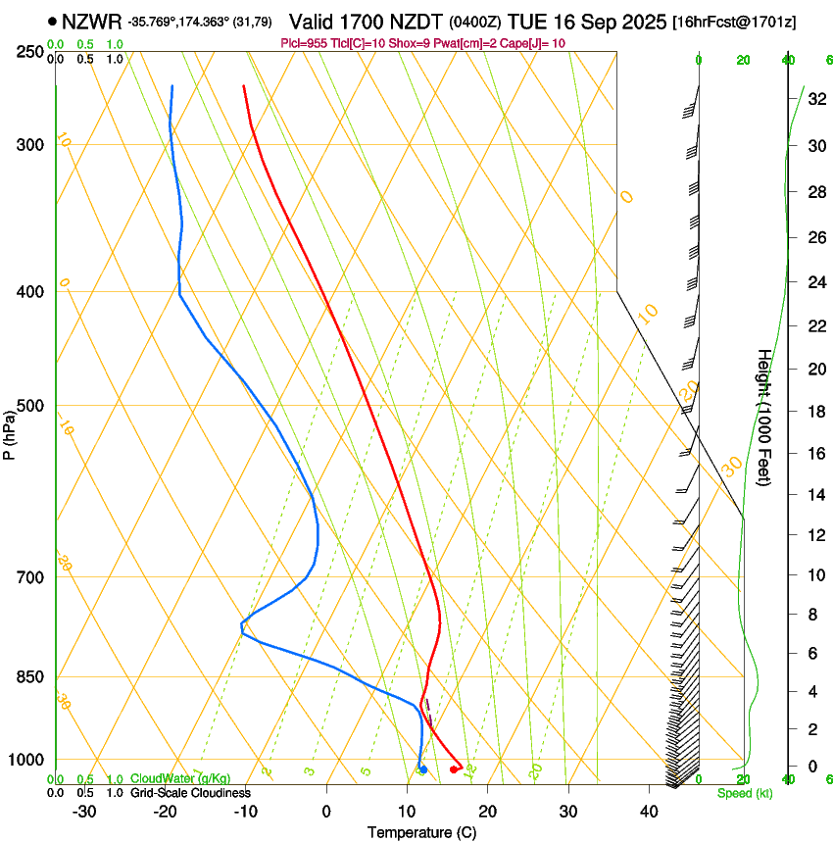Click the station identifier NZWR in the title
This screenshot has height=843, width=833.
click(x=91, y=22)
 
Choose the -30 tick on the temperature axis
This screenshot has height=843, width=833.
click(x=84, y=811)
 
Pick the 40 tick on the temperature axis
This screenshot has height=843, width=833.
click(x=649, y=811)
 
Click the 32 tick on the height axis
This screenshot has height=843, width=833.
click(x=814, y=98)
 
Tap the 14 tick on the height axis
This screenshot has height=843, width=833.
click(x=814, y=495)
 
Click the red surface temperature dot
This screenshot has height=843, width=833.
click(x=454, y=769)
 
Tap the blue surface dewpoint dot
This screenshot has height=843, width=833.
click(x=422, y=769)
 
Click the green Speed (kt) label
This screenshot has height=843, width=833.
click(x=744, y=793)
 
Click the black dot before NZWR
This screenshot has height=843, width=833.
click(x=52, y=21)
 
